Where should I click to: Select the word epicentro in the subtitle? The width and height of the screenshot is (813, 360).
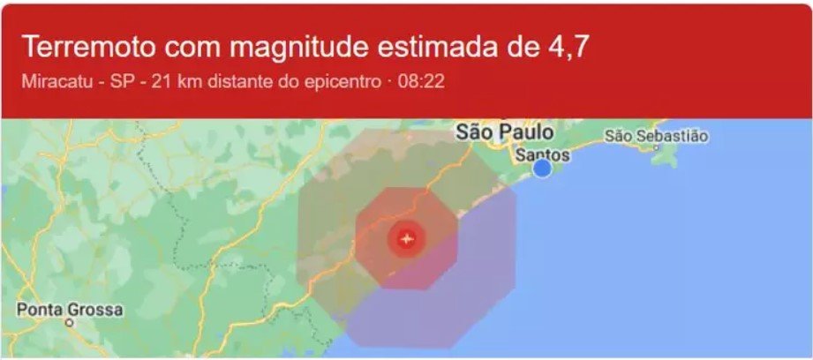click(340, 83)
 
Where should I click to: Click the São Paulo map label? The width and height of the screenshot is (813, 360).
click(505, 133)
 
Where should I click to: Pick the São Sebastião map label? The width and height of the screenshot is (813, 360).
click(657, 136)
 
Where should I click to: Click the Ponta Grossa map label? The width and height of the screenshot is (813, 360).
click(71, 311)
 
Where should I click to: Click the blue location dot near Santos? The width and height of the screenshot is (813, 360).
click(543, 168)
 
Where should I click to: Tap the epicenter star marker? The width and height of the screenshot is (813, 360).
click(406, 238)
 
